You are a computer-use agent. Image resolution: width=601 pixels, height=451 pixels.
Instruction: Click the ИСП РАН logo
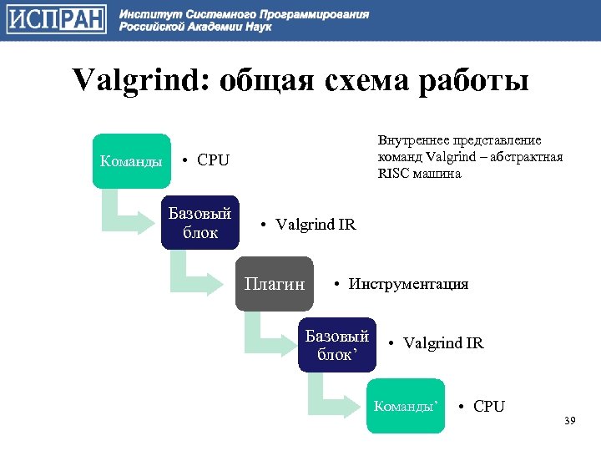57,19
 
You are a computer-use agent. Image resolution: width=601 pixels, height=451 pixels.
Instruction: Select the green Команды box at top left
131,161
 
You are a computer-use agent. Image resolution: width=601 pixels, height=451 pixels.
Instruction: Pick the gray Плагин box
274,285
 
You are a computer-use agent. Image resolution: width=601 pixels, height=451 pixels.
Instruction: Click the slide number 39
570,419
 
